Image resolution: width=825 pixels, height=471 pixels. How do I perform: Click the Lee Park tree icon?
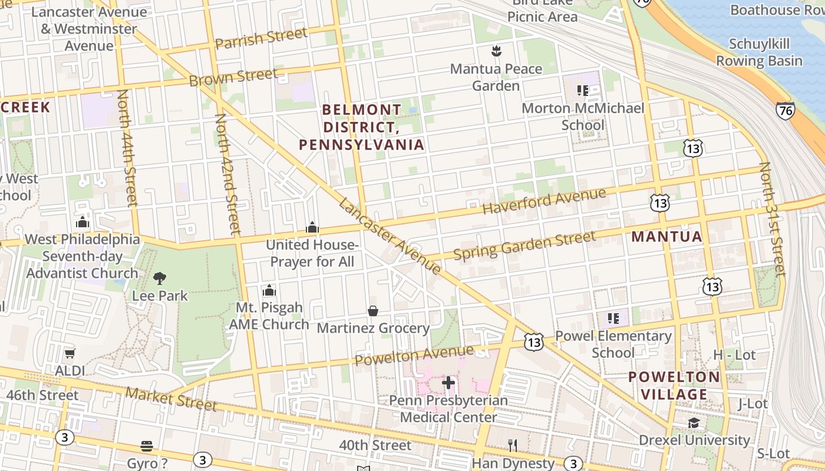pos(159,278)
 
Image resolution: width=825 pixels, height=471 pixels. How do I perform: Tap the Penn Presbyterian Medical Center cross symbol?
pos(448,383)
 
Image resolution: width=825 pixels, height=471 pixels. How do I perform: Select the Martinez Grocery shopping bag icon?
pos(372,311)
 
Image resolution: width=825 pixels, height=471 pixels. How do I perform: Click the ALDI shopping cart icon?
pos(70,354)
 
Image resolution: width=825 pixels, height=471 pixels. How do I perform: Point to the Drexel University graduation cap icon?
pos(694,423)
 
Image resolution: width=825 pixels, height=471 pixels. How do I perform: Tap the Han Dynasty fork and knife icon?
pos(513,446)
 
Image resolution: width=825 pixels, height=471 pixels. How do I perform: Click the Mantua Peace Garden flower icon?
pos(496,51)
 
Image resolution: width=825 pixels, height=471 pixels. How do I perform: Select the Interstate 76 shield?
pos(785,110)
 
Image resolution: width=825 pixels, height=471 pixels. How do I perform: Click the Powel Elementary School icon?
pos(613,319)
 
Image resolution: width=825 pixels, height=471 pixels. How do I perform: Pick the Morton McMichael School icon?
pos(583,91)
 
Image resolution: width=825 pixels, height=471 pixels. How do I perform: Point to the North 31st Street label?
pos(773,219)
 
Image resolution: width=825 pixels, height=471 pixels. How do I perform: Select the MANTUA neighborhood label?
pos(666,237)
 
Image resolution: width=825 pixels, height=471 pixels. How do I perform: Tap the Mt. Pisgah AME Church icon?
pos(269,290)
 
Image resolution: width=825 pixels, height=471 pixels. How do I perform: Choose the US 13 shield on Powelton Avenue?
pos(534,343)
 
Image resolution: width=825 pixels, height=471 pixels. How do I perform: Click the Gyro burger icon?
pos(147,446)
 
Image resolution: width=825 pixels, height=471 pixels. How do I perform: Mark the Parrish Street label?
pos(260,39)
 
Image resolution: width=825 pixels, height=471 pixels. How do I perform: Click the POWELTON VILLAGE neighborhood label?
pos(674,386)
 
